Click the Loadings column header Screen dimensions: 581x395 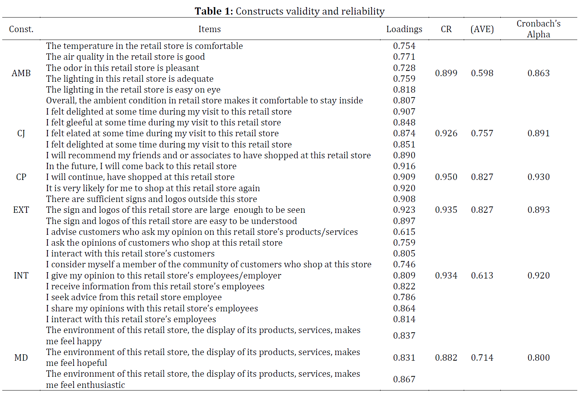[x=404, y=29]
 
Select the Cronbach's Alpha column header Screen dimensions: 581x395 [x=538, y=29]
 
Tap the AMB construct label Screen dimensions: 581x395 [x=21, y=73]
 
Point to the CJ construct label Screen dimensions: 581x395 [x=21, y=134]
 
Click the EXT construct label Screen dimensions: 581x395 [x=21, y=209]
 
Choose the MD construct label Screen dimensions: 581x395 [x=21, y=358]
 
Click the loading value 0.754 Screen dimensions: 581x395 [x=404, y=46]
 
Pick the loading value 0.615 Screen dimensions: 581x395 [x=404, y=231]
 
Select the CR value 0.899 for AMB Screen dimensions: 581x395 [x=446, y=73]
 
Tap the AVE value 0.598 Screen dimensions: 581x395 [x=482, y=73]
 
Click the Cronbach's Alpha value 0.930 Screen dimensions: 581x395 [x=538, y=177]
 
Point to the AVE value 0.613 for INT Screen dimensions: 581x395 [x=482, y=276]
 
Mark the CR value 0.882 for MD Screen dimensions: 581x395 [x=446, y=358]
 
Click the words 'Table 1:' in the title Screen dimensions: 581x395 [x=214, y=11]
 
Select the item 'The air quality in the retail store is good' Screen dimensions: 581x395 [x=125, y=57]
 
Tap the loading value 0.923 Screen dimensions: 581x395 [x=404, y=209]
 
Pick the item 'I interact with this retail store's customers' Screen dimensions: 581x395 [x=130, y=254]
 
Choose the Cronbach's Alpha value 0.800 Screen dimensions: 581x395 [x=538, y=358]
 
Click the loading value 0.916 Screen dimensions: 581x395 [x=404, y=166]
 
